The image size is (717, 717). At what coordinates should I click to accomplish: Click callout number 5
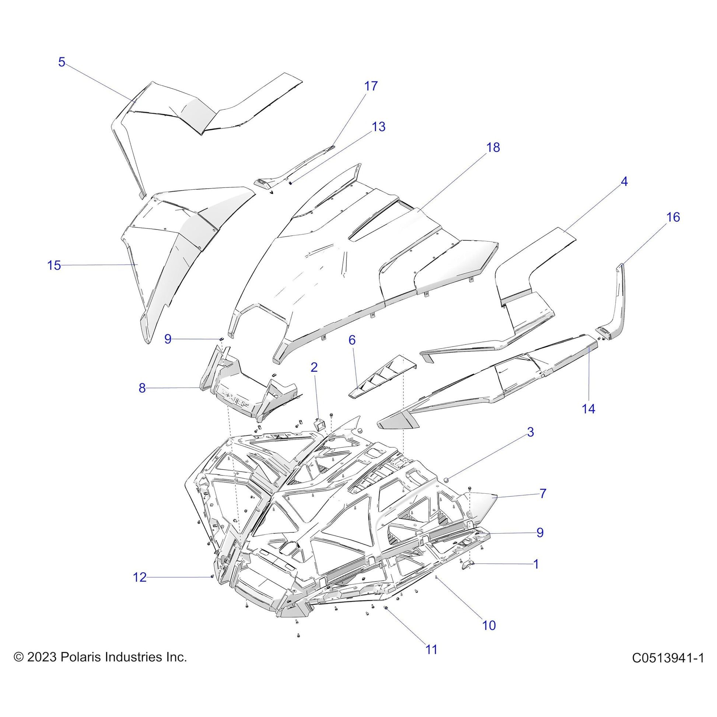click(62, 62)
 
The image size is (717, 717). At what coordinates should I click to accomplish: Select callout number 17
click(371, 86)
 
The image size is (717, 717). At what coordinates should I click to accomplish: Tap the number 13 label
click(378, 127)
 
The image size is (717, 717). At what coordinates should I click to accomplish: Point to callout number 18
click(493, 148)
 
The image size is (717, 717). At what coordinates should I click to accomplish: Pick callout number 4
click(624, 182)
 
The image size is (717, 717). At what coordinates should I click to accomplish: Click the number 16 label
click(673, 217)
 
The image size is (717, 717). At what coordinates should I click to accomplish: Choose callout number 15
click(54, 265)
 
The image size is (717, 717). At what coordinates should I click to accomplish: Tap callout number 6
click(352, 340)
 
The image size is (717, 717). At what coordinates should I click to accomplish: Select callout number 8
click(142, 388)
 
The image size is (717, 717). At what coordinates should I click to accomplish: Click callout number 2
click(314, 367)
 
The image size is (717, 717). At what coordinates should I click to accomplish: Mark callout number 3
click(530, 432)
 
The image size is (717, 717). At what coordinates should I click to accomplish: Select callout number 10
click(489, 625)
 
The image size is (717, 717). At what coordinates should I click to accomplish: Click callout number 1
click(535, 564)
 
